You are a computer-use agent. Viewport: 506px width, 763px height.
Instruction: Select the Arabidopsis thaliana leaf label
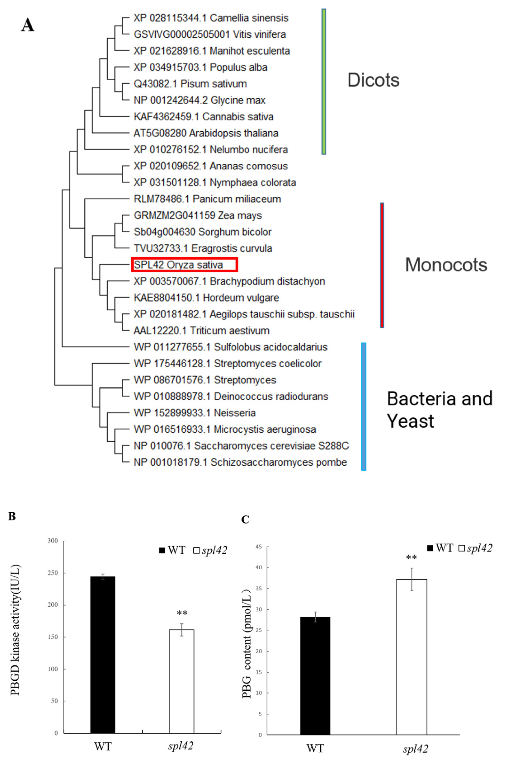click(206, 133)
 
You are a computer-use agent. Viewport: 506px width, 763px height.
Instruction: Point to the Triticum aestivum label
click(201, 330)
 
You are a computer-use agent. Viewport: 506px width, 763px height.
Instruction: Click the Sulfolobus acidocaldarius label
click(230, 347)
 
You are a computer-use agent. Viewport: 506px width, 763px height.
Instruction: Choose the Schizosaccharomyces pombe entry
click(240, 462)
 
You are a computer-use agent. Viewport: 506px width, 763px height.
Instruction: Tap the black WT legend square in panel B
click(162, 550)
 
